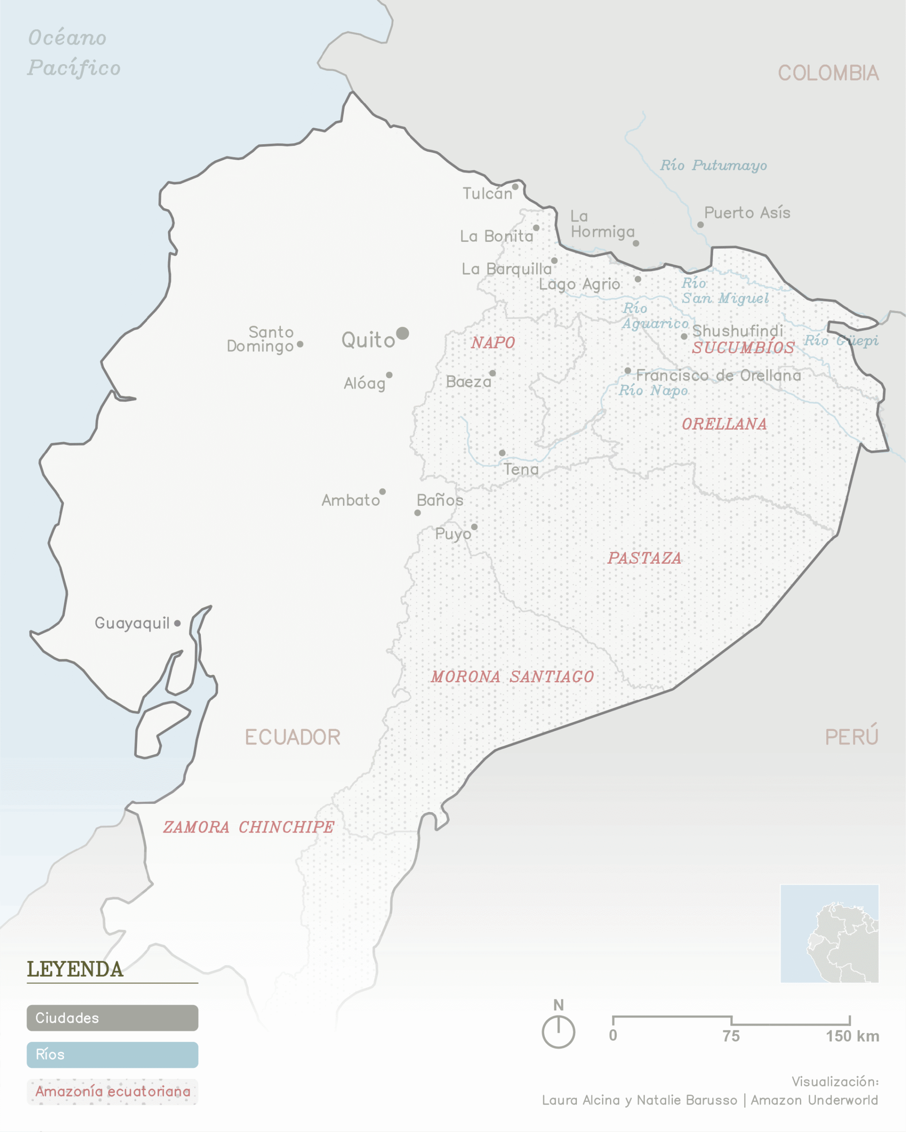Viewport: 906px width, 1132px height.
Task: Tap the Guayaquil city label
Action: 132,623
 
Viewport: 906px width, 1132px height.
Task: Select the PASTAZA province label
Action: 645,558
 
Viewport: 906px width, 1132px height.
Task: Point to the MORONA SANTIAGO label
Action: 512,677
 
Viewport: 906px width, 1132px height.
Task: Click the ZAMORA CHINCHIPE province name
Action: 249,827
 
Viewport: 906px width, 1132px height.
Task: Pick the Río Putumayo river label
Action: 713,165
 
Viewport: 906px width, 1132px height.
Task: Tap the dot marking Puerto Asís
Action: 700,225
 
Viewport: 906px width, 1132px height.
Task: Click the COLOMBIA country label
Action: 828,73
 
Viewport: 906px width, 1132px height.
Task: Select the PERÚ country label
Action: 852,737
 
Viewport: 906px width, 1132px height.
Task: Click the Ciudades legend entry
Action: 112,1018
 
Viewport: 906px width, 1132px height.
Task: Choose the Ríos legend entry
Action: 112,1055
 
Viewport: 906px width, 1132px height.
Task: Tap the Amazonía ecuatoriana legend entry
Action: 112,1092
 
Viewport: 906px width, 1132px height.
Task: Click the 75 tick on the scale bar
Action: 731,1021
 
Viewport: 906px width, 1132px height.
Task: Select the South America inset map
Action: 829,933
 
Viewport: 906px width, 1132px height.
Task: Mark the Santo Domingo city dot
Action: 300,344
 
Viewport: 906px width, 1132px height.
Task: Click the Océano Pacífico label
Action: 73,53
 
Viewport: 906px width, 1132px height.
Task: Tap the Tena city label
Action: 521,470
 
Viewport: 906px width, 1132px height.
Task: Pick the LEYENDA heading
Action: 75,969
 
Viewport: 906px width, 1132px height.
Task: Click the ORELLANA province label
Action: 724,424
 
